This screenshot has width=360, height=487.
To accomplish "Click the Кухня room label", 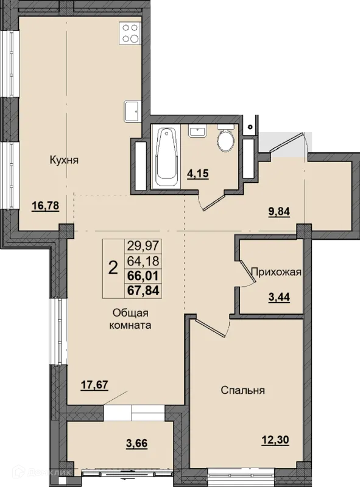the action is point(64,160).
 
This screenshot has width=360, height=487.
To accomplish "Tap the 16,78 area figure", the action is point(46,206).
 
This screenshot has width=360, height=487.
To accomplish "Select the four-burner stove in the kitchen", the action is point(130,33).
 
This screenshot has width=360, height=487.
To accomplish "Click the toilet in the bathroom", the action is point(226,138).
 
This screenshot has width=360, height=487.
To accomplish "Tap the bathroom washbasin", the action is point(197,131).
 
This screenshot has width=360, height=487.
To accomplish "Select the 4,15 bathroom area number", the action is point(197,173).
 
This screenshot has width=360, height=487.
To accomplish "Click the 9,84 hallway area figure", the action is point(278,211).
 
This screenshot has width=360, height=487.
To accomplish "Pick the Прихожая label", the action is point(276,272).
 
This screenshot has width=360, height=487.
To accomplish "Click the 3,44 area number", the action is point(279,297).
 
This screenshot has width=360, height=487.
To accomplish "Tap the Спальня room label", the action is point(243,390).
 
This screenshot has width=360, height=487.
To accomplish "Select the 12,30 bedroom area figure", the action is point(275,440).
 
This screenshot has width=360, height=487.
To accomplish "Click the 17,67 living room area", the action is point(94,385).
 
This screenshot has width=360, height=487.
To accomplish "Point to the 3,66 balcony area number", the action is point(136,443).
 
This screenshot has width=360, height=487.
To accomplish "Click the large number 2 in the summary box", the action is point(113,268).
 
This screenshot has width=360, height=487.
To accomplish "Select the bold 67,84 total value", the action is point(143,291).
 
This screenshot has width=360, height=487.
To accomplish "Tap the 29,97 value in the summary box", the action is point(143,247).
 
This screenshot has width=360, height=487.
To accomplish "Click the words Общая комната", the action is point(130,319).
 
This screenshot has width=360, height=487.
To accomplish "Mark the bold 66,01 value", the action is point(143,276).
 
